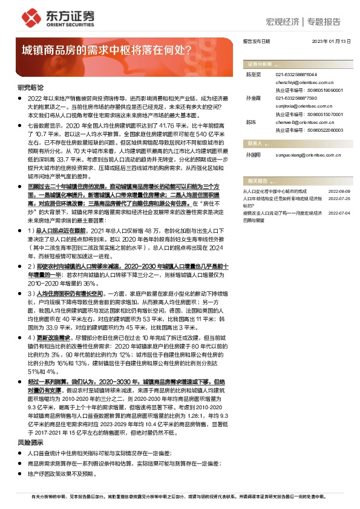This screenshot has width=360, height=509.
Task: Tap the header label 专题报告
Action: pos(324,22)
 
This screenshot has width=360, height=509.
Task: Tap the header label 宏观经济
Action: pos(283,22)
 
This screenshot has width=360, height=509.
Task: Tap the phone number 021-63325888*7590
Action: pos(297,97)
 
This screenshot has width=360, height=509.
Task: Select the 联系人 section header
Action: pos(254,143)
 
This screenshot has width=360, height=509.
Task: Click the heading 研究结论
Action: pos(30,88)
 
